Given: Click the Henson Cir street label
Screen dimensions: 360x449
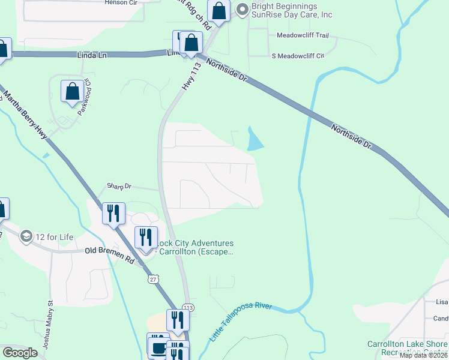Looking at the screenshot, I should tap(121, 2).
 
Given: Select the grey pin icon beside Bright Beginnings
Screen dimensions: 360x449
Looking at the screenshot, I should tap(242, 8).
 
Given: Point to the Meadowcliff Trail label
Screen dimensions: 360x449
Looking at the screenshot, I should tap(303, 35).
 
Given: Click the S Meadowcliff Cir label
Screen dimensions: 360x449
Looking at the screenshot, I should tap(298, 56).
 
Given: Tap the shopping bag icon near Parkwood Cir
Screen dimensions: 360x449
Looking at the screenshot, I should tap(72, 91).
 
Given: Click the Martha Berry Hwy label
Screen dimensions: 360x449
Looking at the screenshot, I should tap(25, 113).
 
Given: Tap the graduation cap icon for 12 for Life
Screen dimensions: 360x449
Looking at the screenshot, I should tap(26, 236).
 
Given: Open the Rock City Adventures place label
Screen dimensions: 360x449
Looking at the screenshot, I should tap(193, 247).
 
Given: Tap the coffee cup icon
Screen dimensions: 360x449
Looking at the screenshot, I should tap(158, 348).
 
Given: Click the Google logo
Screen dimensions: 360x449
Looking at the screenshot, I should tap(20, 352).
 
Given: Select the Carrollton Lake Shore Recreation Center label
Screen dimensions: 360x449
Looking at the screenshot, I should tap(408, 347).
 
